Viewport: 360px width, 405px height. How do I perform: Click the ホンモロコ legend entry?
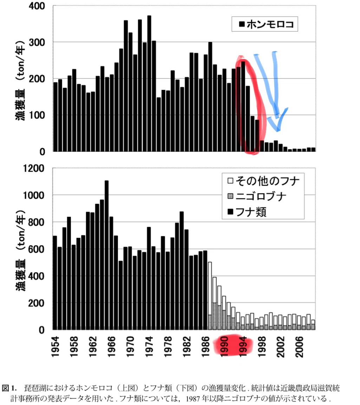267,24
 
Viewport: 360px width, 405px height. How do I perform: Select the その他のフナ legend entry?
263,181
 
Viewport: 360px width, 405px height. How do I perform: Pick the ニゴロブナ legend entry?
257,196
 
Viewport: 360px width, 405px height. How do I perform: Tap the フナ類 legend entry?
247,212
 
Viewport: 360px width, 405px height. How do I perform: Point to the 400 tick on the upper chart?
37,6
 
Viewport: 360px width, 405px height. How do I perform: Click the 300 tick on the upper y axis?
37,42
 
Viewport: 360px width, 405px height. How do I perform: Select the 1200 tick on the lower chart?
34,168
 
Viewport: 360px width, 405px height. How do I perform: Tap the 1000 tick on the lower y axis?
34,195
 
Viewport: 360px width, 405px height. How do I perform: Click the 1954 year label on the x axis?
55,347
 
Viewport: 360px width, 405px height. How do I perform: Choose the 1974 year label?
149,347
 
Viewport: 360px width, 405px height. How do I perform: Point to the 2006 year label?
299,347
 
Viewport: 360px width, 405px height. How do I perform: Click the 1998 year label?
262,347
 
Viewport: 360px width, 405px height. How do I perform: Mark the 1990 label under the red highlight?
224,347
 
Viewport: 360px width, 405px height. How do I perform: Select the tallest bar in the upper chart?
149,83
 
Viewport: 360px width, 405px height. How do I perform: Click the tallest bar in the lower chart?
106,255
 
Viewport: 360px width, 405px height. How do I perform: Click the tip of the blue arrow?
278,131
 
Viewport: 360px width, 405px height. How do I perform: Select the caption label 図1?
9,388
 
